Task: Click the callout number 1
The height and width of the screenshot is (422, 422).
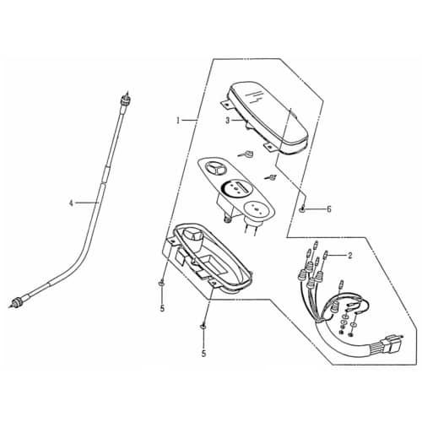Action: pyautogui.click(x=178, y=121)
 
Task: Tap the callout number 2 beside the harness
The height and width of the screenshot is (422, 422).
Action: pyautogui.click(x=349, y=256)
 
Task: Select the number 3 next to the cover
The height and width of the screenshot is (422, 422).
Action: pyautogui.click(x=228, y=121)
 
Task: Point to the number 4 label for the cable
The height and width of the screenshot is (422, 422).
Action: pyautogui.click(x=71, y=203)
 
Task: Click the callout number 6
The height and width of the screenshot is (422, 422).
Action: pyautogui.click(x=328, y=209)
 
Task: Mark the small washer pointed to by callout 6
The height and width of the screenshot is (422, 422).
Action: pyautogui.click(x=302, y=209)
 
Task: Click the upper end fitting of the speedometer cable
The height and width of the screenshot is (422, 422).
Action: pyautogui.click(x=126, y=99)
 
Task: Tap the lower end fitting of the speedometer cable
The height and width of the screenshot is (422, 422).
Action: pyautogui.click(x=18, y=302)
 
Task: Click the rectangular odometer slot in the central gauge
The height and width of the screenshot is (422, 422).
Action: pyautogui.click(x=243, y=187)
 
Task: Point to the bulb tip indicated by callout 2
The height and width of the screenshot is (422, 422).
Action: pyautogui.click(x=327, y=256)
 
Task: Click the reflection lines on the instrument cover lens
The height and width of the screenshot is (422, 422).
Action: pyautogui.click(x=255, y=96)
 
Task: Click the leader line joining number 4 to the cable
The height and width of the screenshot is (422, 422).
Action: pyautogui.click(x=87, y=203)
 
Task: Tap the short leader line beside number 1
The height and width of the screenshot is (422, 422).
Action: pyautogui.click(x=188, y=121)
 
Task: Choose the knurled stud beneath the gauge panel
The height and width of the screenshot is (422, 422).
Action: pyautogui.click(x=227, y=219)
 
